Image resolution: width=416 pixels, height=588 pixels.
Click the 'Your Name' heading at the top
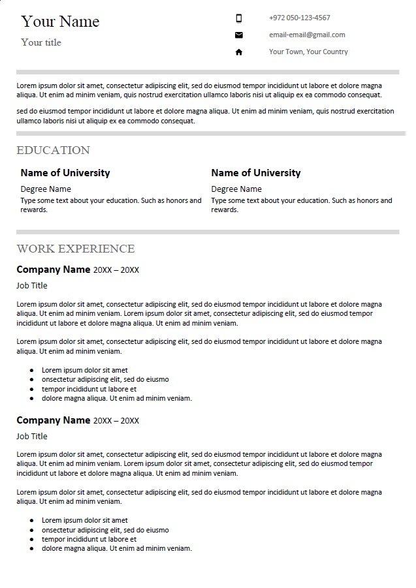pos(60,22)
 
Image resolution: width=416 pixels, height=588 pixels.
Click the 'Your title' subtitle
pos(41,42)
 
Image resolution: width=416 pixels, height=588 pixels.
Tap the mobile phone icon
pos(238,18)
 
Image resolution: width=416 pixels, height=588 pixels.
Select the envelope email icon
pos(238,35)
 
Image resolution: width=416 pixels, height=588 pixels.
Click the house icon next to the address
pos(238,52)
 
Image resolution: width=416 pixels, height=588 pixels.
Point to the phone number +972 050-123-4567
pos(299,18)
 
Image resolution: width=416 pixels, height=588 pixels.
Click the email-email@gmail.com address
pos(307,35)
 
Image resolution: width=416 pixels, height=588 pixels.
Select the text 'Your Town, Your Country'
pos(308,52)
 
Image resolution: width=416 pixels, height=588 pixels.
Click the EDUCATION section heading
pos(53,150)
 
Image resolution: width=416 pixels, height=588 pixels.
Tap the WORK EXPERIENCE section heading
pos(76,249)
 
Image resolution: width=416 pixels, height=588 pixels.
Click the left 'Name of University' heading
pos(65,173)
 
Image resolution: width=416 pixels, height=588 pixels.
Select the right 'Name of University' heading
pos(256,173)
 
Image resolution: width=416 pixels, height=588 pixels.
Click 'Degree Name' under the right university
pos(236,189)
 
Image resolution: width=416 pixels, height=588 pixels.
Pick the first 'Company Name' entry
pos(53,269)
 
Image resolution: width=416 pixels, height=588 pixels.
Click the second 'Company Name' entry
pos(53,420)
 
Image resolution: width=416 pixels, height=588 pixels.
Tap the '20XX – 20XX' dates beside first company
pos(116,270)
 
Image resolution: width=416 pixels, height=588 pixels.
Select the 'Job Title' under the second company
pos(32,436)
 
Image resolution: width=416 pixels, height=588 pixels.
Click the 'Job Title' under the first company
pos(32,285)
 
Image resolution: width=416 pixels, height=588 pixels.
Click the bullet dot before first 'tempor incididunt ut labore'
pos(32,389)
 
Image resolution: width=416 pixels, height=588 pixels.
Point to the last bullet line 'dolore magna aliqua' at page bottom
pos(116,549)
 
